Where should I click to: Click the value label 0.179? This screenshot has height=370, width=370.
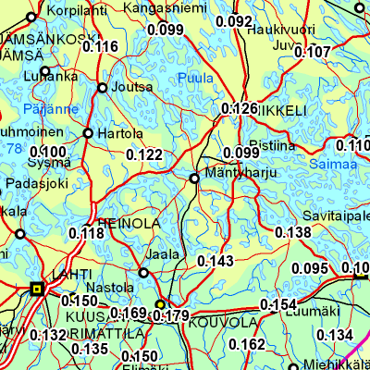[171, 316]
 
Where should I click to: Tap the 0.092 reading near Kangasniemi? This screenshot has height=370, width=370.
[233, 21]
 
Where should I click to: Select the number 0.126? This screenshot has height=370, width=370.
[240, 109]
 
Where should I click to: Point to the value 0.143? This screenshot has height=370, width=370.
[216, 262]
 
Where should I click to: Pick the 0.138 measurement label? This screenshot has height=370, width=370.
[293, 232]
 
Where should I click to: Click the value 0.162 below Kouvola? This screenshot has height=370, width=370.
[247, 344]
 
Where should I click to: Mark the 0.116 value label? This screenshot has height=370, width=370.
[101, 47]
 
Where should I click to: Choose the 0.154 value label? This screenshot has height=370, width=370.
[277, 305]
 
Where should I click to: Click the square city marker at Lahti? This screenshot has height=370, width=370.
[37, 290]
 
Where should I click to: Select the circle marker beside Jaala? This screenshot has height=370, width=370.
[143, 273]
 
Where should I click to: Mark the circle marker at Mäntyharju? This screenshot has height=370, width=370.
[194, 178]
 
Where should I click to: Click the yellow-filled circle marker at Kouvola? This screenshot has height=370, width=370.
[159, 303]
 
